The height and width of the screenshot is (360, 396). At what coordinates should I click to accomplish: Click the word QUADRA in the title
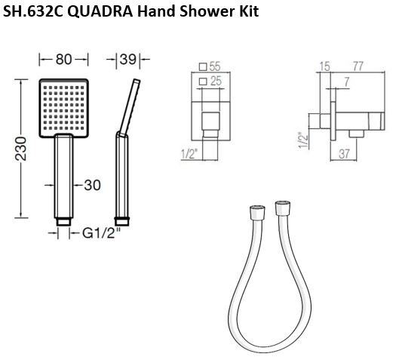[x=100, y=11]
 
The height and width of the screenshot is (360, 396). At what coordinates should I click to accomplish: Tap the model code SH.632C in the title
[x=33, y=11]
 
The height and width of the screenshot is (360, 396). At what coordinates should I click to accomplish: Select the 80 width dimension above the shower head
[x=63, y=60]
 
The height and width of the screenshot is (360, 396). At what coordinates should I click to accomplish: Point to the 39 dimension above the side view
[x=128, y=60]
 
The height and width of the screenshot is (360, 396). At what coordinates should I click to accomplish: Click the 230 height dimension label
[x=20, y=149]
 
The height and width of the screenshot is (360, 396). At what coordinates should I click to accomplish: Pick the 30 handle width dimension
[x=92, y=185]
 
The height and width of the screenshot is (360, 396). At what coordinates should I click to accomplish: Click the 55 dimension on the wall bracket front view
[x=215, y=66]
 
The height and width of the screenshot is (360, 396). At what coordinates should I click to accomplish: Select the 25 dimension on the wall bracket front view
[x=216, y=81]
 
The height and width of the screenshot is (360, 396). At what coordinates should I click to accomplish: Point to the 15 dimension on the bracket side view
[x=325, y=66]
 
